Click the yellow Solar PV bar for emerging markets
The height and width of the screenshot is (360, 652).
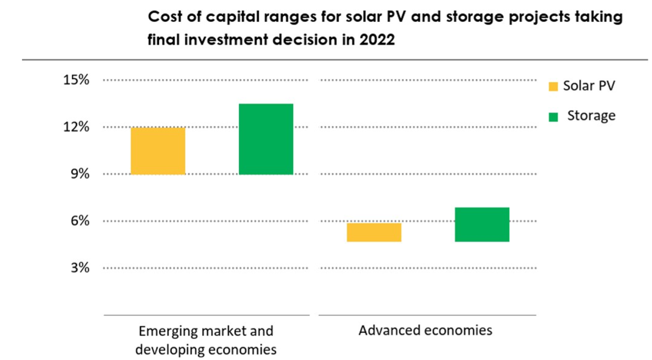[158, 151]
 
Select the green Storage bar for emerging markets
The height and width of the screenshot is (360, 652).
[266, 139]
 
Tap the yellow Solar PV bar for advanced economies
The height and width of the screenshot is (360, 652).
[374, 232]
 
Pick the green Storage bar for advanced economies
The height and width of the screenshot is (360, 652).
[482, 224]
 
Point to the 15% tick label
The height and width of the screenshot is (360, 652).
[76, 80]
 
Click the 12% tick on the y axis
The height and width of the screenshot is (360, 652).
[76, 127]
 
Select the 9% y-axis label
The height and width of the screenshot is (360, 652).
[79, 174]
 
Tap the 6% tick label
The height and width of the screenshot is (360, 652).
[79, 220]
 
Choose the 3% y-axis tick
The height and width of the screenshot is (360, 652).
[79, 267]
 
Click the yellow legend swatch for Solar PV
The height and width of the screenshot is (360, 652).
[553, 86]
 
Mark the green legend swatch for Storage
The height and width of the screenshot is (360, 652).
[553, 117]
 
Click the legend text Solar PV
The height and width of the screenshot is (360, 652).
[589, 86]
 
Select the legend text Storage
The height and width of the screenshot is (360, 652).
[591, 115]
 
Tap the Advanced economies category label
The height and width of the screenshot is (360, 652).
[425, 330]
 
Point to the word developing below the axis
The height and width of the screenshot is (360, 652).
[169, 350]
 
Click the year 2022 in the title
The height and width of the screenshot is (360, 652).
[377, 40]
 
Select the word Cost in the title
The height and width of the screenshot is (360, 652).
[164, 17]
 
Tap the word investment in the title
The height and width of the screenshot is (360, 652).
[226, 40]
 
